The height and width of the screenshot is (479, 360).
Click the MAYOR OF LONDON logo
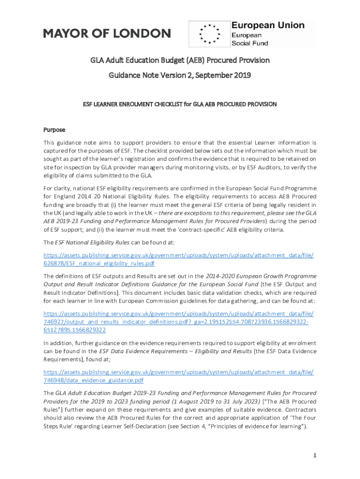point(107,33)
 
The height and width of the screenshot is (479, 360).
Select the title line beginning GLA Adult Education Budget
point(180,60)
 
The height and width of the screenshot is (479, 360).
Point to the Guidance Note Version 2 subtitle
point(180,75)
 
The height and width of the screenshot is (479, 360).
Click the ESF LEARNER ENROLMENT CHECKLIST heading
point(180,104)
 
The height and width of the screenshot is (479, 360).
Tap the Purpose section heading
point(54,130)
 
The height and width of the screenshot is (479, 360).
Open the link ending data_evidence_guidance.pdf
point(97,380)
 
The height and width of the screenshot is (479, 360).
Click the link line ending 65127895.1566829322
point(75,330)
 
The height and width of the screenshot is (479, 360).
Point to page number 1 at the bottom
point(314,456)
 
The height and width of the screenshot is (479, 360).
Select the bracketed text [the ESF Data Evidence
point(285,351)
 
